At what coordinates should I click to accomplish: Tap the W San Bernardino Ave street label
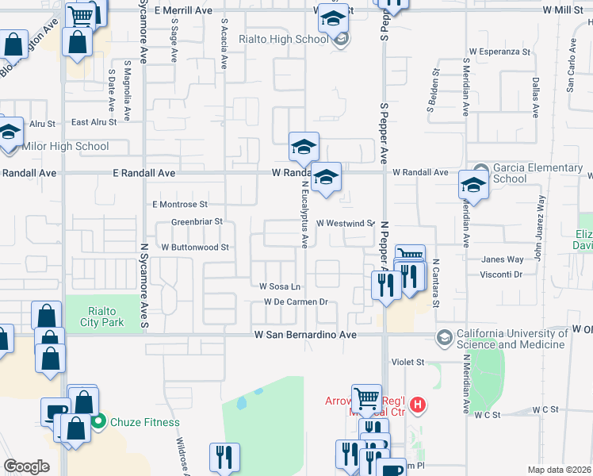click(305, 336)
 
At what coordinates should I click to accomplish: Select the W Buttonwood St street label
click(195, 248)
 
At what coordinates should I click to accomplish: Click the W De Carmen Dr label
click(296, 301)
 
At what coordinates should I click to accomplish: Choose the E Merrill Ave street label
click(184, 10)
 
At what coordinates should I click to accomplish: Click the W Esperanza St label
click(499, 52)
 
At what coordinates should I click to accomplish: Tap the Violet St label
click(408, 362)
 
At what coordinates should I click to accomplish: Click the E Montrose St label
click(180, 204)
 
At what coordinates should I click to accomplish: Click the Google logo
click(26, 466)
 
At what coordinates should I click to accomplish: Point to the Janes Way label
click(501, 259)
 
